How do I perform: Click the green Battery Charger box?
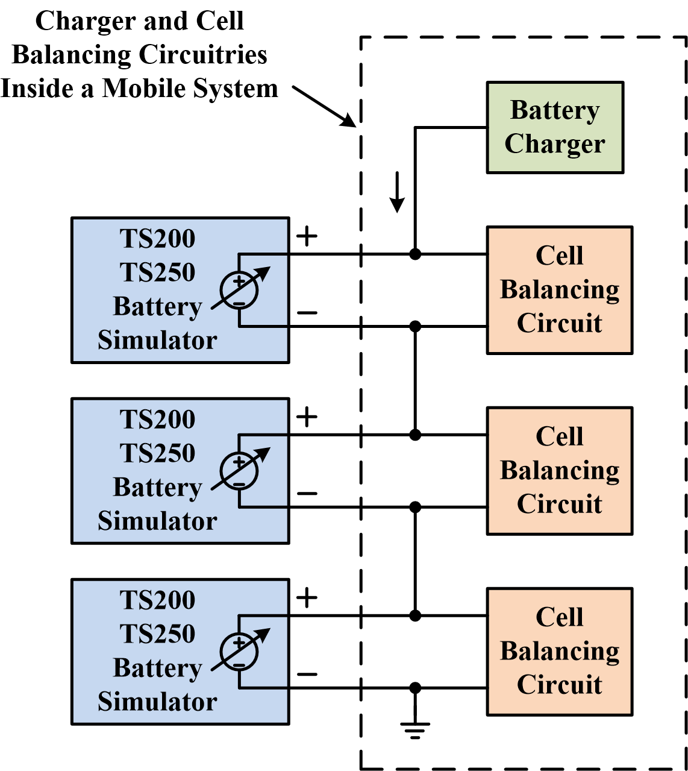coord(554,128)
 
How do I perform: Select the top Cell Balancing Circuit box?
coord(559,290)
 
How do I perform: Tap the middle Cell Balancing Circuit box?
coord(559,471)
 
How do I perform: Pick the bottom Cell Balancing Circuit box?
coord(559,652)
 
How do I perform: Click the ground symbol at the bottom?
coord(415,729)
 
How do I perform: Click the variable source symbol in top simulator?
coord(240,290)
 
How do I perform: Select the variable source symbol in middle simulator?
coord(240,471)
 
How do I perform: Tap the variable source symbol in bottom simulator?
coord(240,652)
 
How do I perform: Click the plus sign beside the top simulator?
coord(307,236)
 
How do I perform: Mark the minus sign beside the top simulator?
coord(307,313)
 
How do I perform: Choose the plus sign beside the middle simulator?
coord(307,417)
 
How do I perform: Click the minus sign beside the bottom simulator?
coord(307,674)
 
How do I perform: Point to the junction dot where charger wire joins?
coord(415,254)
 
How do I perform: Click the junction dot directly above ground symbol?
coord(415,688)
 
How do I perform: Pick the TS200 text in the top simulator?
coord(157,239)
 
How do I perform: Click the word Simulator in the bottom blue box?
coord(157,702)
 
